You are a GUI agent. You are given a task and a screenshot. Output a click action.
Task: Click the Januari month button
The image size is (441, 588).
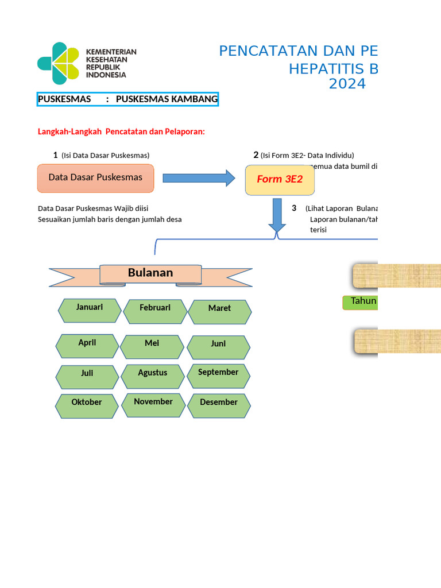click(x=89, y=311)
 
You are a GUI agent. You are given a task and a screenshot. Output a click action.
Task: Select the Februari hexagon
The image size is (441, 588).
click(x=155, y=311)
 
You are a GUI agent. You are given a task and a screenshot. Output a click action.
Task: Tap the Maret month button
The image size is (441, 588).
click(x=220, y=312)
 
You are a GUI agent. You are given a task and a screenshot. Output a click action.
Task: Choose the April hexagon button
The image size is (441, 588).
click(x=87, y=346)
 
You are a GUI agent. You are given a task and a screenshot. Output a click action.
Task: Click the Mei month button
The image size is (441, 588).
click(x=152, y=347)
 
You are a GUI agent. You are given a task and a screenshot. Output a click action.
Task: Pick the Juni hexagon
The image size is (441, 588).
click(x=218, y=347)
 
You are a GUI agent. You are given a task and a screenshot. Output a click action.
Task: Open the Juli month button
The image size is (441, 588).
click(x=87, y=377)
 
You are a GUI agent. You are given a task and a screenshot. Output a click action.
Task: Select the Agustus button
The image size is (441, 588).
click(x=153, y=377)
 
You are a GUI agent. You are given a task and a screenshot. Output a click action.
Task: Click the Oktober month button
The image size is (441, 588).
click(x=87, y=406)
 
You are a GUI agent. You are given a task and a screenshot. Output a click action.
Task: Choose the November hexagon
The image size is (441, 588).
click(x=153, y=405)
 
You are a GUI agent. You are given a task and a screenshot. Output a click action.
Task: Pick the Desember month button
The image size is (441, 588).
click(x=219, y=406)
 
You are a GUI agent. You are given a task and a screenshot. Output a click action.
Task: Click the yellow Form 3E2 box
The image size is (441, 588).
click(x=280, y=180)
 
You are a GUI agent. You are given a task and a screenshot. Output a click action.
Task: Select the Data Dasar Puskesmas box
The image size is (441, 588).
click(x=96, y=178)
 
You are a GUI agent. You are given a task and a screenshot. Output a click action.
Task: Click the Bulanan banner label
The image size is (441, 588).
click(x=150, y=274)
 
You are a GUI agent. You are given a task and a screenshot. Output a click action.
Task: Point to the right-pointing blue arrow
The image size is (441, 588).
click(x=199, y=178)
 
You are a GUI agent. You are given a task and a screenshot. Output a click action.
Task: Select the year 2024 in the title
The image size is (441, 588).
click(x=347, y=84)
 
